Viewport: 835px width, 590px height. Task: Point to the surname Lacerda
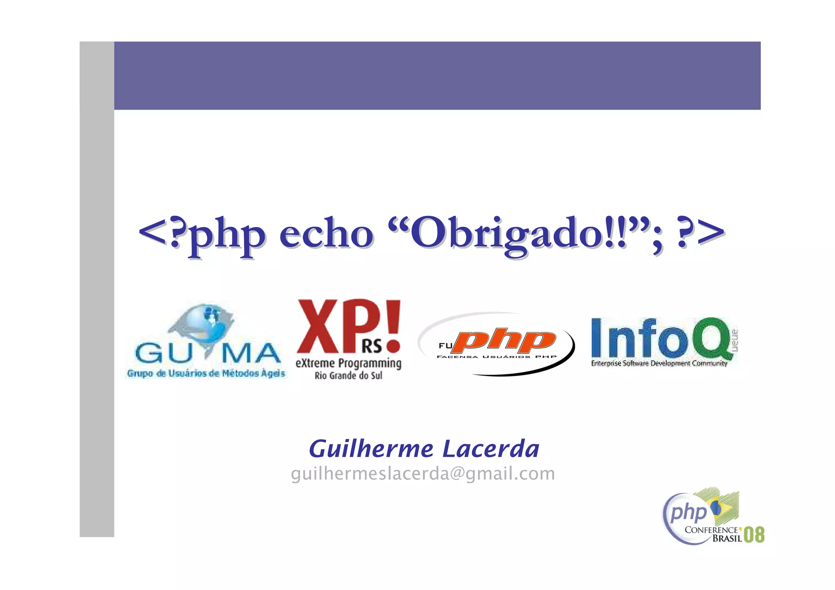coord(491,449)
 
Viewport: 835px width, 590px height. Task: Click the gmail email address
coord(423,473)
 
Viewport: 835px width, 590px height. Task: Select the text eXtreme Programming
coord(348,363)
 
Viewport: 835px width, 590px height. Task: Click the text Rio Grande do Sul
coord(348,376)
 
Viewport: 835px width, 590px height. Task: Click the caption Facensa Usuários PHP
coord(496,357)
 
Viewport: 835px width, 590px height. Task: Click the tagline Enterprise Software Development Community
coord(659,363)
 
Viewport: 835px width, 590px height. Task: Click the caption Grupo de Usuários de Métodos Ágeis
coord(206,373)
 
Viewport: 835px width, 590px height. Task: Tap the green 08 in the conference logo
coord(754,535)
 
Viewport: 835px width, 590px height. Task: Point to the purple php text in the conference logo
coord(689,513)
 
